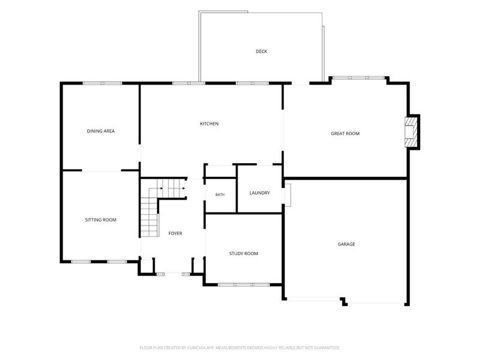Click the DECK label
click(x=262, y=52)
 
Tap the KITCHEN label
click(x=209, y=124)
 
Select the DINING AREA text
click(x=101, y=131)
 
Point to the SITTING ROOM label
click(x=100, y=220)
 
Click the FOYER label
click(x=175, y=233)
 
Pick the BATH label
click(x=220, y=194)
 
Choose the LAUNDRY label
click(x=260, y=193)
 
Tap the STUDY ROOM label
click(x=244, y=253)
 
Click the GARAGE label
click(x=346, y=244)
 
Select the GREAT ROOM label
click(x=345, y=133)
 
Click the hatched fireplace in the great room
click(x=410, y=132)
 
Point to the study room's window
click(x=244, y=284)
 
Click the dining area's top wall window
click(x=102, y=83)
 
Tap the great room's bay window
click(x=358, y=78)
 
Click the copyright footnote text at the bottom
click(x=239, y=347)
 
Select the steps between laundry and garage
click(x=288, y=195)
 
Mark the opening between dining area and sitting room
click(x=101, y=170)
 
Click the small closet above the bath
click(x=220, y=172)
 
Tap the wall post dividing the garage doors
click(x=343, y=301)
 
